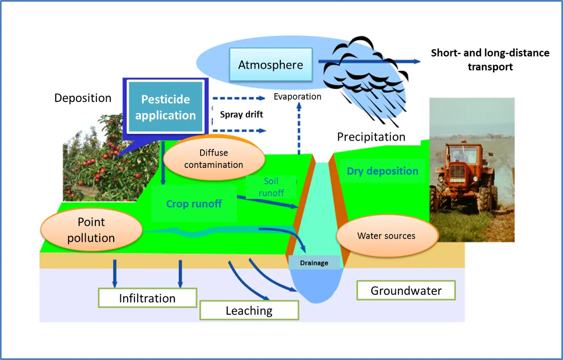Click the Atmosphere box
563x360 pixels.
point(271,65)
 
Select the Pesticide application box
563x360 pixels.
point(165,106)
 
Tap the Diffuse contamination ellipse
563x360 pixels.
point(214,159)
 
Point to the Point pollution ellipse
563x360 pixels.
point(91,230)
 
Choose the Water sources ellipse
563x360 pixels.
point(387,236)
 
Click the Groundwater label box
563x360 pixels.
point(406,291)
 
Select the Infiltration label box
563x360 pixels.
point(147,298)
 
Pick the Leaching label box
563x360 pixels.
point(249,310)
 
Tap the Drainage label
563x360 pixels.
point(314,263)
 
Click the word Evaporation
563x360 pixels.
point(297,96)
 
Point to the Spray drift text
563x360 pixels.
point(241,115)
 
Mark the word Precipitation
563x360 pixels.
point(371,137)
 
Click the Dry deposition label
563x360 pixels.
point(383,171)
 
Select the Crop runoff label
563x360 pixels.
point(194,204)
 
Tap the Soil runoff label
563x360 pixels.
point(271,187)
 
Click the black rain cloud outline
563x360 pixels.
point(366,80)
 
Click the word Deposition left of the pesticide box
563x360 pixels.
point(83,98)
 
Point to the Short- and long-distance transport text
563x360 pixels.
point(490,60)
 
